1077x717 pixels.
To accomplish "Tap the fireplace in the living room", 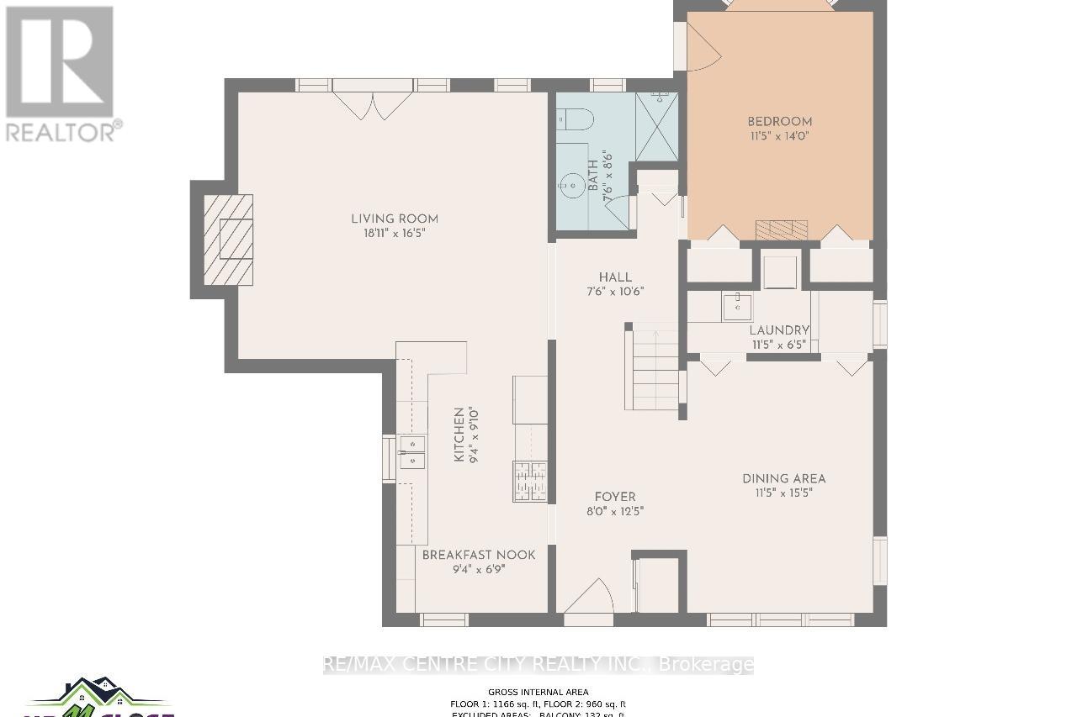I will [x=227, y=239].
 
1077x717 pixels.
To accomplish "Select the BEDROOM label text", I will [x=779, y=121].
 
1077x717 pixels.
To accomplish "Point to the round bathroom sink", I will [x=573, y=184].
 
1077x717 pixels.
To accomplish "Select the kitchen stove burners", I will [x=529, y=482].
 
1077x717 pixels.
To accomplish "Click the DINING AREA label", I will [x=783, y=478].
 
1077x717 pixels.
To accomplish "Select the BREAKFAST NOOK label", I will [x=478, y=555].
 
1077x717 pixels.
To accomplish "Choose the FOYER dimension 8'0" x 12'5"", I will [x=614, y=511].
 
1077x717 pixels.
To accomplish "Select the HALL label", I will [x=614, y=277].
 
